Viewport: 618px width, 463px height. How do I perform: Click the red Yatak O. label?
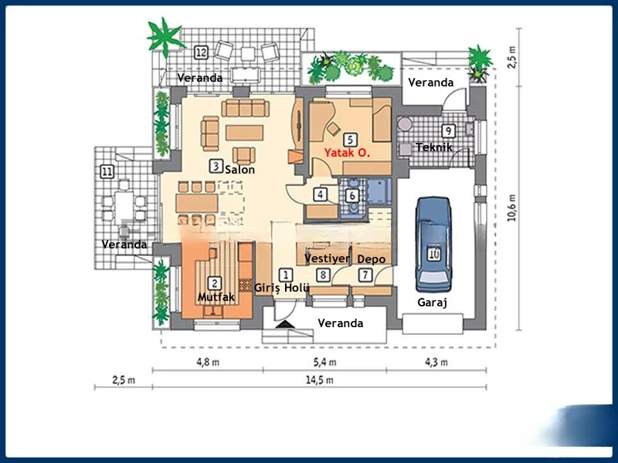pos(347,154)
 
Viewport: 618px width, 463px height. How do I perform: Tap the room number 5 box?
pos(350,140)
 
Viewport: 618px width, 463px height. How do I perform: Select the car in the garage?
pos(433,242)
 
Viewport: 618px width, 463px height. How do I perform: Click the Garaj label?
pos(433,303)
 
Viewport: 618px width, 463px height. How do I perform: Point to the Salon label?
pos(239,170)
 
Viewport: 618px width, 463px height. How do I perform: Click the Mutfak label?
pos(216,296)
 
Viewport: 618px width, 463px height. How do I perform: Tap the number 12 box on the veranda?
pos(202,52)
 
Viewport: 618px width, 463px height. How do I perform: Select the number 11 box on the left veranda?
pos(107,171)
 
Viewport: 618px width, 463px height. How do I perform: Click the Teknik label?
pos(433,147)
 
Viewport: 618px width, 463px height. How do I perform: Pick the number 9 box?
pos(448,130)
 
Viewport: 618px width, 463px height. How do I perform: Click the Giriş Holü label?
pos(283,288)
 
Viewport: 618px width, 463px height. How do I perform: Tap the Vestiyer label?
pos(327,259)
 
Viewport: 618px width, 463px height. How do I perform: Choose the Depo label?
pos(372,259)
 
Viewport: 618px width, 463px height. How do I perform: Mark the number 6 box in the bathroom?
pos(352,196)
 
